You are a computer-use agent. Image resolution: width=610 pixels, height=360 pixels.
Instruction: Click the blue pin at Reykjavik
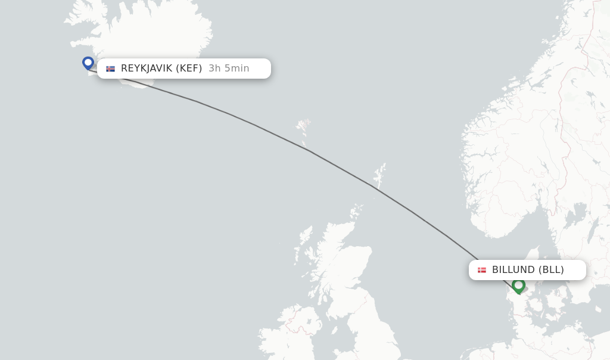click(88, 63)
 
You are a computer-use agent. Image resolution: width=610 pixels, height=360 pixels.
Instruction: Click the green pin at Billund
click(518, 285)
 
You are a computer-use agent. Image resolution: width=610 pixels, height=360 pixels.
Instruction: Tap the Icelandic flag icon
click(110, 69)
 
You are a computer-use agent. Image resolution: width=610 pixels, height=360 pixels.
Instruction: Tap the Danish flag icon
click(482, 270)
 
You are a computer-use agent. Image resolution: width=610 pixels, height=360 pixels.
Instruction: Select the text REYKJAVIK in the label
click(147, 69)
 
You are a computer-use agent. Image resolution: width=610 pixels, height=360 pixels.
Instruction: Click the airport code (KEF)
click(189, 69)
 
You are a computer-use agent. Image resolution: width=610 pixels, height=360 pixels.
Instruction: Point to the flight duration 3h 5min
click(229, 69)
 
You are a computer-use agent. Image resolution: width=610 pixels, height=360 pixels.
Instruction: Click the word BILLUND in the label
click(513, 270)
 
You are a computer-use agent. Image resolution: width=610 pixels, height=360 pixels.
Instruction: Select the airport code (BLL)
click(551, 270)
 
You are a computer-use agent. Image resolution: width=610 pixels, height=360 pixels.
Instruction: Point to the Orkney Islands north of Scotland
click(356, 212)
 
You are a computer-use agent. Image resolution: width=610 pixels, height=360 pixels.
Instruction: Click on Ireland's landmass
click(286, 340)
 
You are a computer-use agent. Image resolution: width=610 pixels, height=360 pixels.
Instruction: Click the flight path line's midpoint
click(310, 151)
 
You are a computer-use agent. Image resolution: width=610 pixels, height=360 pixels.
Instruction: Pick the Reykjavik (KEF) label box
click(183, 69)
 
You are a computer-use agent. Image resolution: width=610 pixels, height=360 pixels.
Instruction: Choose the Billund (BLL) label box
click(527, 270)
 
